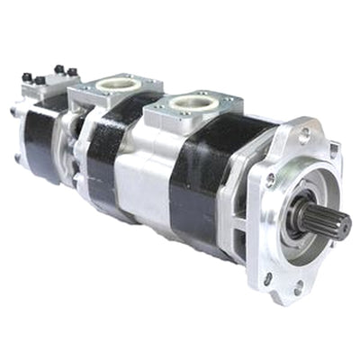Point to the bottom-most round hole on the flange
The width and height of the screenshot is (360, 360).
pos(298,291)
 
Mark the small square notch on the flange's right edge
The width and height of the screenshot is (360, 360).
pos(332,148)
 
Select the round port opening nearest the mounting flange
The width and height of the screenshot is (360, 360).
pos(192,103)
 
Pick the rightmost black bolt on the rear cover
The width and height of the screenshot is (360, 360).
pos(72,71)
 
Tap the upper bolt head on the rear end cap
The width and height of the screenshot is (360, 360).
pos(14,113)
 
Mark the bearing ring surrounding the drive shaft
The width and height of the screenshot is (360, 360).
pos(297,216)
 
